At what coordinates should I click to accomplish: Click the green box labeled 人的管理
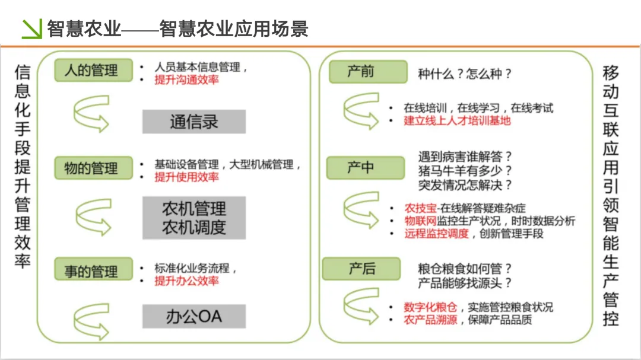[x=91, y=70]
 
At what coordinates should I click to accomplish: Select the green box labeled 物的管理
[x=91, y=168]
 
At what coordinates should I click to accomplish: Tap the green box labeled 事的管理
[x=91, y=271]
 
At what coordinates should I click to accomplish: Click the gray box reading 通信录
[x=193, y=122]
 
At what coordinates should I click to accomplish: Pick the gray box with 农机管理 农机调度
[x=193, y=218]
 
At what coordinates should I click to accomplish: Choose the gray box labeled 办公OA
[x=193, y=316]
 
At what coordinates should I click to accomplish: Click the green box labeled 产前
[x=360, y=71]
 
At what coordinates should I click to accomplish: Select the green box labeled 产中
[x=360, y=168]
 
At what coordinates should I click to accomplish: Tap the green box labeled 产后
[x=361, y=269]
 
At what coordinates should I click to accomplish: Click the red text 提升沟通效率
[x=186, y=79]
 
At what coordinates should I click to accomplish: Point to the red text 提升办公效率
[x=186, y=281]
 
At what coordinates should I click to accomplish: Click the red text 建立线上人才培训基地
[x=457, y=120]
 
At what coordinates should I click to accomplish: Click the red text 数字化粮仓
[x=430, y=307]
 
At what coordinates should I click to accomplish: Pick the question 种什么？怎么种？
[x=465, y=74]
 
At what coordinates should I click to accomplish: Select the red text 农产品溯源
[x=430, y=320]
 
